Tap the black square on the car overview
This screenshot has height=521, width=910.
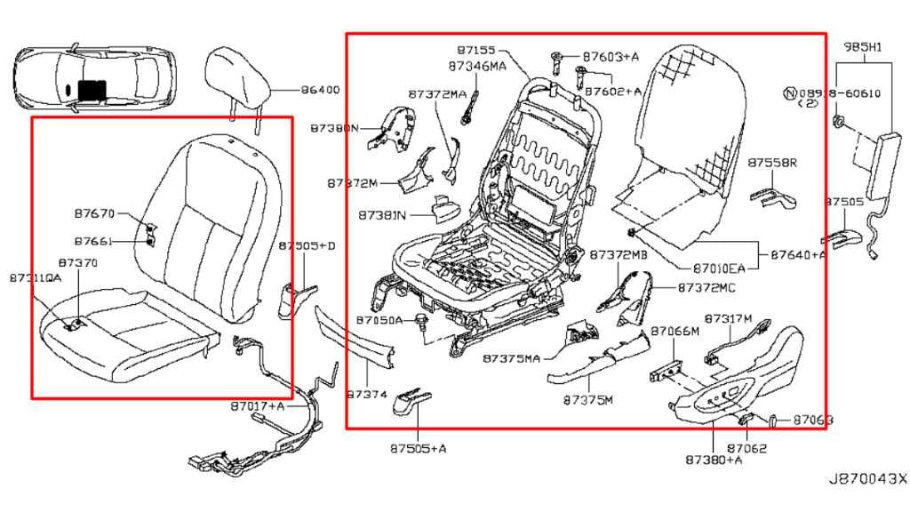pos(92,88)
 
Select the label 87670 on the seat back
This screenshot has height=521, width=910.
pos(94,213)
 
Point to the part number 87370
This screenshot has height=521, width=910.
pos(78,263)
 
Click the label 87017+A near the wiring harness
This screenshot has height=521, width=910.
pos(258,405)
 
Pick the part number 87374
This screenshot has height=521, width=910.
pos(367,393)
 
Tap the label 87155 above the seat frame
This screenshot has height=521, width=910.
pos(476,51)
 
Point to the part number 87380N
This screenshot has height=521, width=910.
pos(334,128)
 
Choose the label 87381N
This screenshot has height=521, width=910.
pos(382,214)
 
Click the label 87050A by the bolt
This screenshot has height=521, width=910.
pos(379,318)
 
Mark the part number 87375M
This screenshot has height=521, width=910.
pos(588,399)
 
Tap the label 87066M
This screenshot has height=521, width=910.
pos(675,331)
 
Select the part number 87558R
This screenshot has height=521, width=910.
pos(771,163)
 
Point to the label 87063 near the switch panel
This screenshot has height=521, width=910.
pos(813,419)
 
